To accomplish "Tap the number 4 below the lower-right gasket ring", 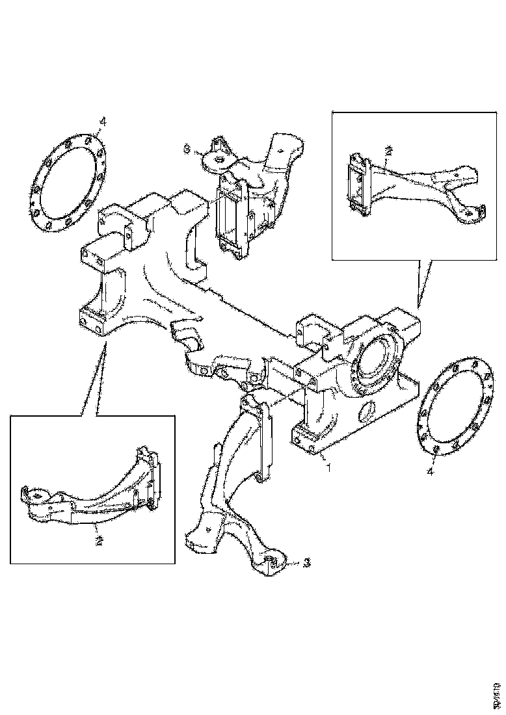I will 430,471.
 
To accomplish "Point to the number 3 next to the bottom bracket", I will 306,564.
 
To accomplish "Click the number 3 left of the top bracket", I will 188,149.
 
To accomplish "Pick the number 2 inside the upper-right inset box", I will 388,151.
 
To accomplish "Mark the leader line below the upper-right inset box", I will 423,283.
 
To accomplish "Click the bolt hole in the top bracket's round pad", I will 219,157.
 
